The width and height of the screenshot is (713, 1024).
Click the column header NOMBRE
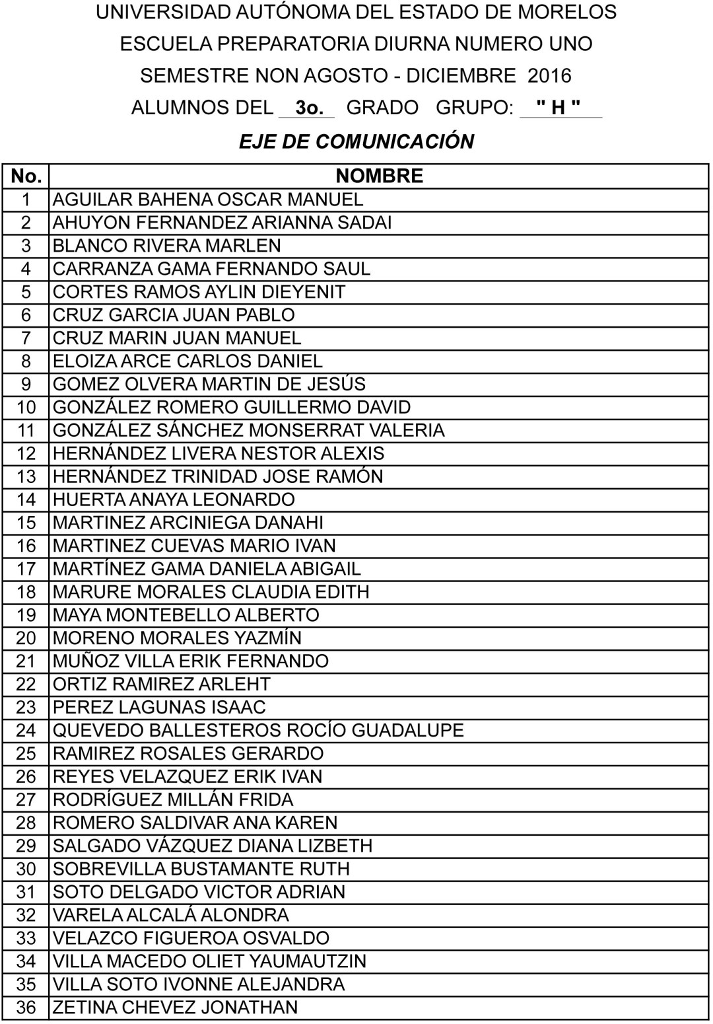(379, 176)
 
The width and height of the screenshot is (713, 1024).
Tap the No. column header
(26, 176)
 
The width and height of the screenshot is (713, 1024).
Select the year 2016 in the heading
(549, 75)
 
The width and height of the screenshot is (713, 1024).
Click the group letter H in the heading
(559, 107)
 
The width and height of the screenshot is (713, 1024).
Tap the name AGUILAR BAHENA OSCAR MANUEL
(208, 200)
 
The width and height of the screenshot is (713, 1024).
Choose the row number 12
(26, 453)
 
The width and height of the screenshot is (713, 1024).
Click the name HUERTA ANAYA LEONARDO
(174, 499)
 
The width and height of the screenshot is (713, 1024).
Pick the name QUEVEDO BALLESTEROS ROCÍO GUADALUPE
(258, 730)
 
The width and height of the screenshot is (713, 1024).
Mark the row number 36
(26, 1007)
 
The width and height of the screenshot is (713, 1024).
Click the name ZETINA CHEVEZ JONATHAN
(175, 1007)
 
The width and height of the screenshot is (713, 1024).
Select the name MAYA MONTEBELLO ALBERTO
(186, 615)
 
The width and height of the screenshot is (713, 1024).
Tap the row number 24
(26, 730)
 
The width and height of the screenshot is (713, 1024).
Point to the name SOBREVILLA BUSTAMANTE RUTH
(201, 869)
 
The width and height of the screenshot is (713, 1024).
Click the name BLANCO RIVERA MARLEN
(167, 246)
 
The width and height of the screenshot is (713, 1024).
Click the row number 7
(26, 338)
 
